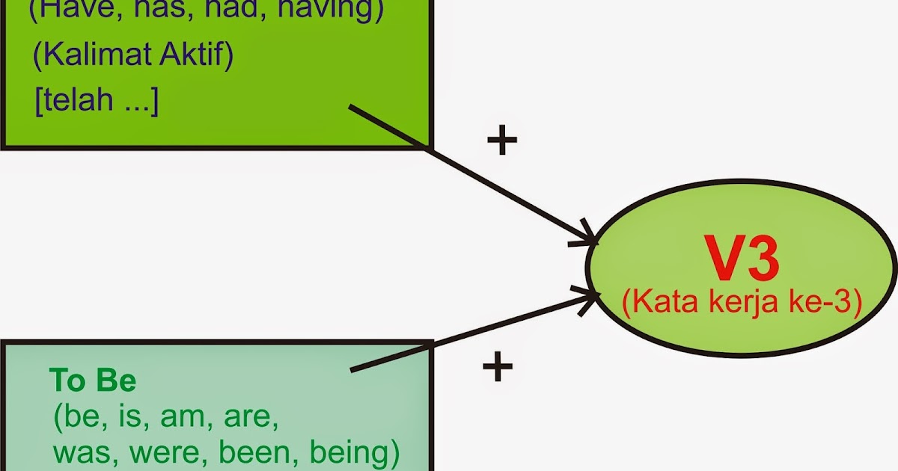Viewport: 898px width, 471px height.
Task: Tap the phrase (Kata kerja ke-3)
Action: click(x=742, y=303)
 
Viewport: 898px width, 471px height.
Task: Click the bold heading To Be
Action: click(x=93, y=381)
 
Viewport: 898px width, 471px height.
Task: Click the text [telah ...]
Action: click(x=97, y=100)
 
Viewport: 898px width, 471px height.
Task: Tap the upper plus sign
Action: click(x=501, y=141)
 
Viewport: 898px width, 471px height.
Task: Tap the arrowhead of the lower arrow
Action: click(x=591, y=295)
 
